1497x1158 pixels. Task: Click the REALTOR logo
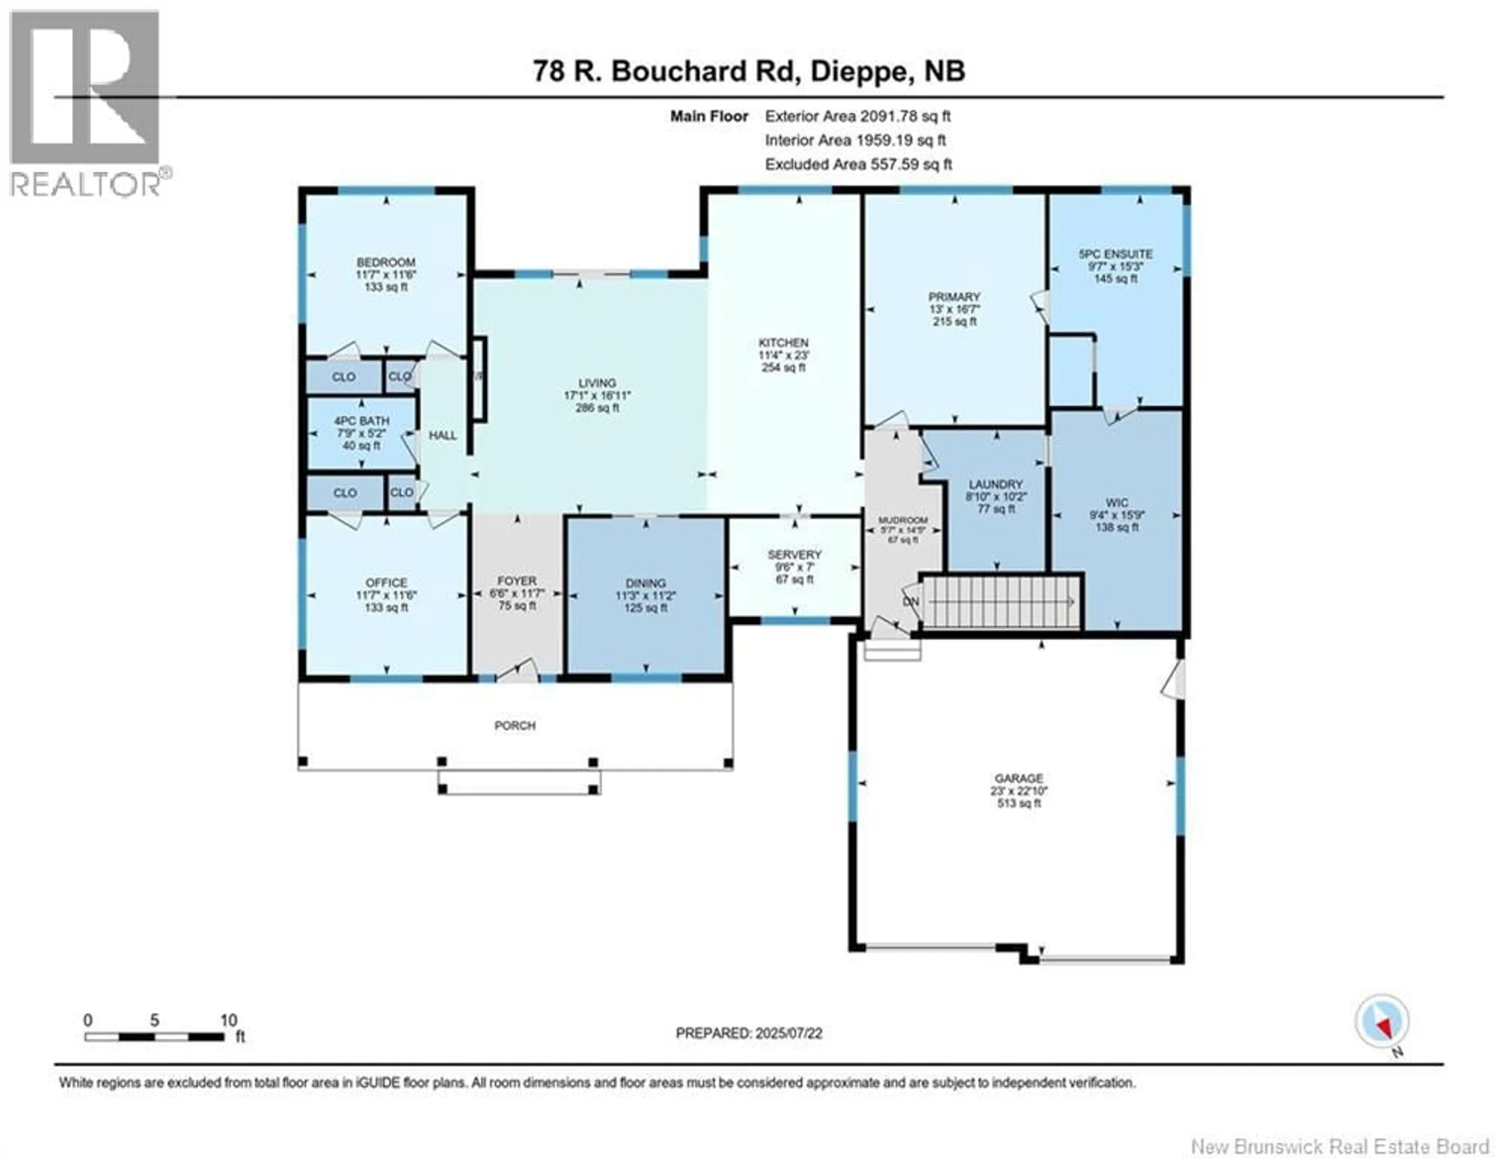[86, 103]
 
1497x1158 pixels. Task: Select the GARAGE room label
[1019, 778]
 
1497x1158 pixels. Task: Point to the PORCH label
[515, 725]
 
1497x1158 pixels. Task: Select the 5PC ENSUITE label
[1115, 254]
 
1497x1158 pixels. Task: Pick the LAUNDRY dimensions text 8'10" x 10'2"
[996, 496]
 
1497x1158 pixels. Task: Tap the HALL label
[443, 436]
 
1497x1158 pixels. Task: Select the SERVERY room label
[795, 554]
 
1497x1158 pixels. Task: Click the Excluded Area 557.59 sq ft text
[858, 164]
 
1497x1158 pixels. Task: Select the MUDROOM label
[903, 521]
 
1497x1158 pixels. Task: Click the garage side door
[1175, 680]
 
